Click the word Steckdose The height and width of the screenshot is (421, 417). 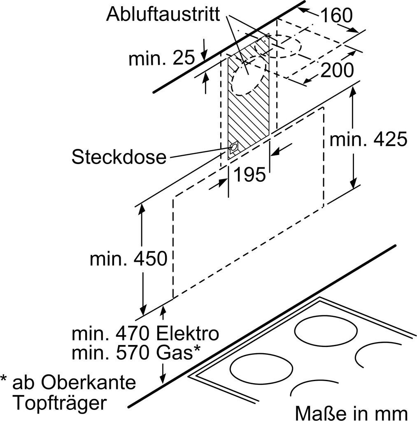(x=119, y=157)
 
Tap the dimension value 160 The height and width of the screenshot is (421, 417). (x=336, y=15)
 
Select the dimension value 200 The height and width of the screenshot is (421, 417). (x=337, y=70)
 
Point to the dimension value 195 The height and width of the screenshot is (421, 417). (x=249, y=174)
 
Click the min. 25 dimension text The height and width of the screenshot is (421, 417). (x=161, y=58)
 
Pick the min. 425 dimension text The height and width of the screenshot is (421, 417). (x=368, y=139)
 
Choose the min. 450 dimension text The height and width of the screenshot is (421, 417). (x=128, y=259)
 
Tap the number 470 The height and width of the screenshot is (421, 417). (x=132, y=333)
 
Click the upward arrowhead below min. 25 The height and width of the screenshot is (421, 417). (x=206, y=77)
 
